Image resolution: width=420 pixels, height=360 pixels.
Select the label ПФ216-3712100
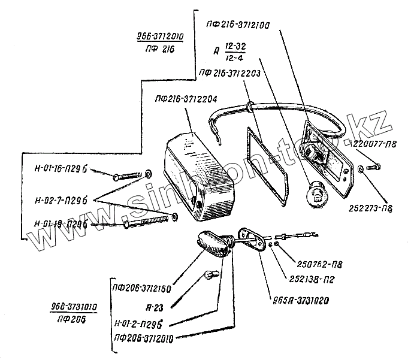(237, 26)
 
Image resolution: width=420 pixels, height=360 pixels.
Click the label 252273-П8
(372, 209)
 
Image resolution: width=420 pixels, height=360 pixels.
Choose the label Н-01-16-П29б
(61, 170)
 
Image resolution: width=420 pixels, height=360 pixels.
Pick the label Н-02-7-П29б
(61, 197)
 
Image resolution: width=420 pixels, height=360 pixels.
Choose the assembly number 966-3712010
(159, 36)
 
